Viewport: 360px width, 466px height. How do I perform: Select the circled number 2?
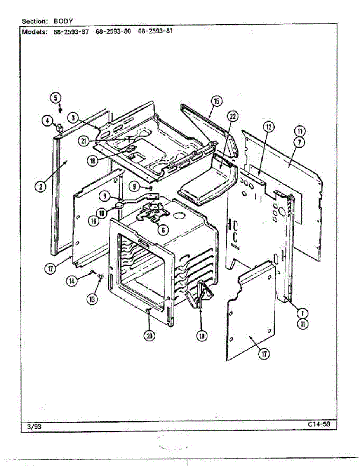(40, 186)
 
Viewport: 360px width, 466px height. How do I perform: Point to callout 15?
(216, 101)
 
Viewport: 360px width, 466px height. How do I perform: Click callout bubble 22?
(233, 116)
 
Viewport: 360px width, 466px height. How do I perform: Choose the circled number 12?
(268, 126)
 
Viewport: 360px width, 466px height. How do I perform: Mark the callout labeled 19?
(202, 336)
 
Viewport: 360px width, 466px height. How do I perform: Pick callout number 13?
(92, 299)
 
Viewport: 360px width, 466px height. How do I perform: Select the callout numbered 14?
(71, 281)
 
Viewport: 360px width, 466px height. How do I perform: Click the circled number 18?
(92, 161)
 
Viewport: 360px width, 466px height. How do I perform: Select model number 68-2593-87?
(70, 31)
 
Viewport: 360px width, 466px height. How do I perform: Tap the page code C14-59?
(318, 424)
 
